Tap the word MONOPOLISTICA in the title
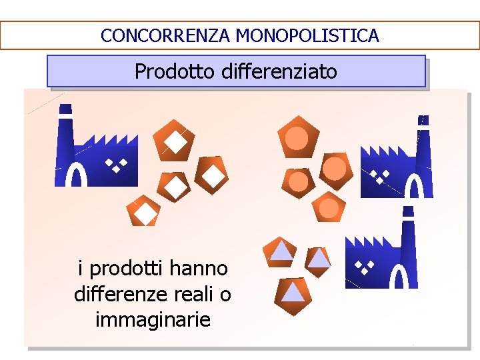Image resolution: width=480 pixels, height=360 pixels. coord(307,35)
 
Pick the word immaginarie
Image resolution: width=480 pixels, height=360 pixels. coord(153,319)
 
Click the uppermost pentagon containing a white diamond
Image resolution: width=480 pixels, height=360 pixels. coord(174,140)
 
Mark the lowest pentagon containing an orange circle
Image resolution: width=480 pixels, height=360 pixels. coord(329,208)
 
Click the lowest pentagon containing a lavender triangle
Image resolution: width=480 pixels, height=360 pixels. coord(292,292)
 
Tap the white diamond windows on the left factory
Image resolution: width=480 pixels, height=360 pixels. coord(115,165)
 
